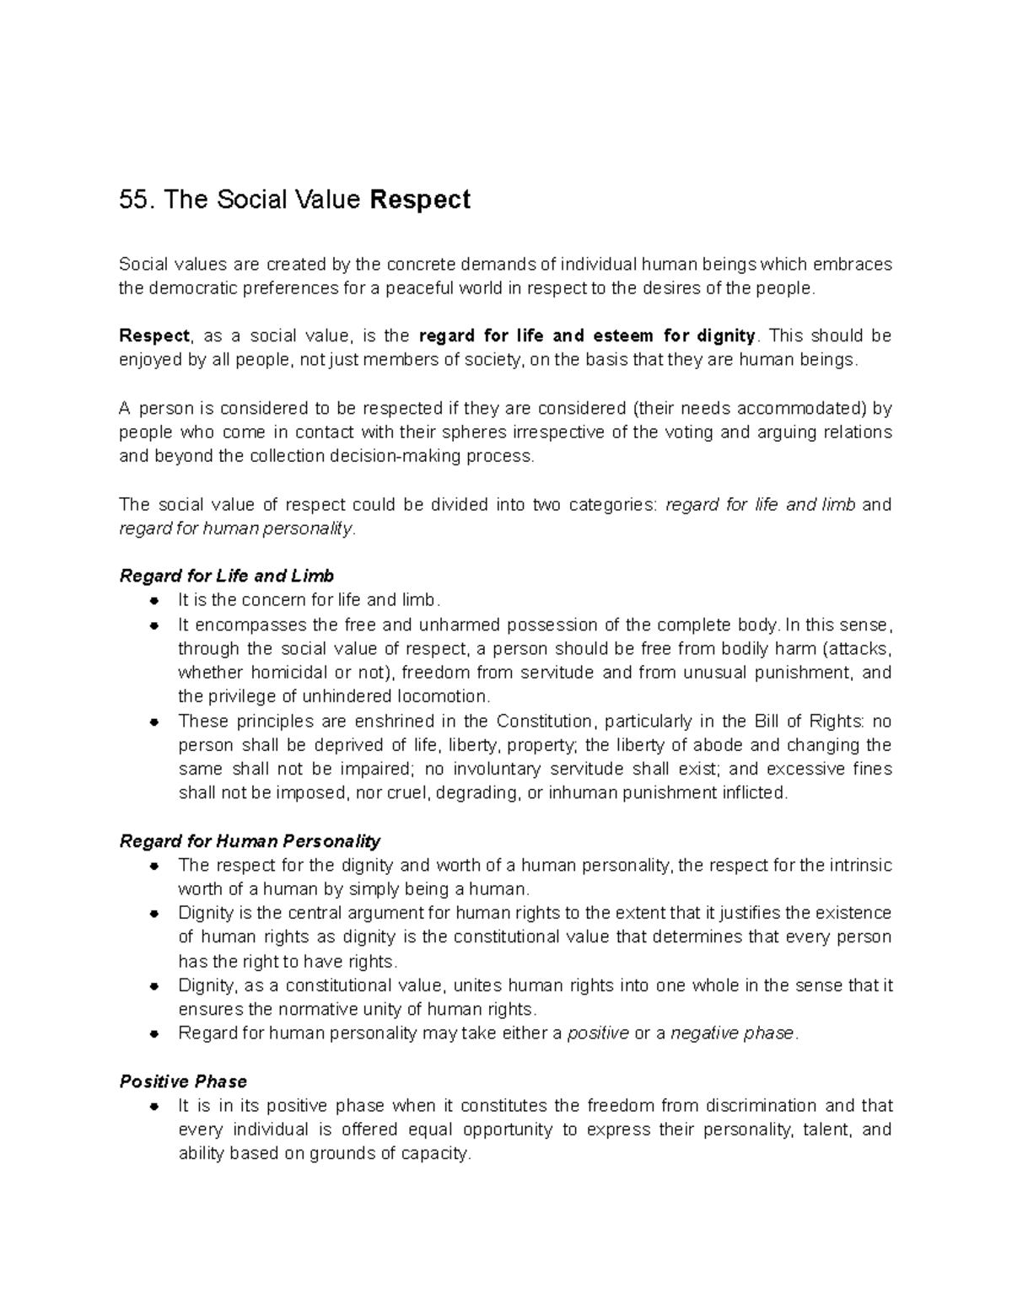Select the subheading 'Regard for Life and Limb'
coord(227,576)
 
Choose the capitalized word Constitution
coord(545,722)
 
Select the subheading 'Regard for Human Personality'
coord(250,841)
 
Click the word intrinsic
coord(859,866)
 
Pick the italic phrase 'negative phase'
coord(732,1033)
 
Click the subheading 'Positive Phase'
coord(183,1081)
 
